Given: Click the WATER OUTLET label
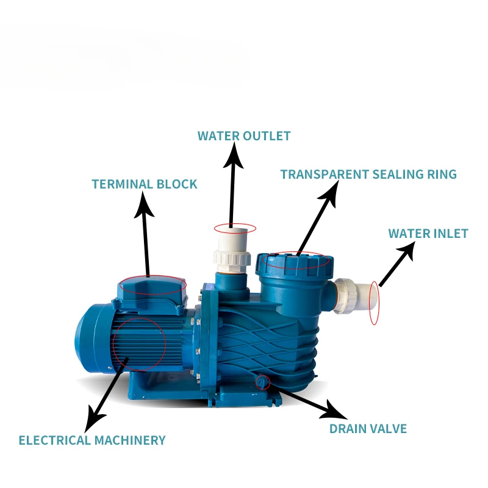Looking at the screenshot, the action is pyautogui.click(x=244, y=135).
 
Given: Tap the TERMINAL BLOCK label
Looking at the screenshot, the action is pyautogui.click(x=145, y=184).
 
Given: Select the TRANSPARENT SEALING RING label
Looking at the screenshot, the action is pyautogui.click(x=368, y=174).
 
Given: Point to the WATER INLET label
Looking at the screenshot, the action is pyautogui.click(x=428, y=234).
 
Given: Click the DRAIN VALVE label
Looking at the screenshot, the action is pyautogui.click(x=368, y=428).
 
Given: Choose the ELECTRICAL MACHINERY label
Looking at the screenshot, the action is pyautogui.click(x=92, y=440).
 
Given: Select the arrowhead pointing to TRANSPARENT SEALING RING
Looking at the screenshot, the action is pyautogui.click(x=328, y=192).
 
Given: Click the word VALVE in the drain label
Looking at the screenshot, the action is pyautogui.click(x=387, y=428).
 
